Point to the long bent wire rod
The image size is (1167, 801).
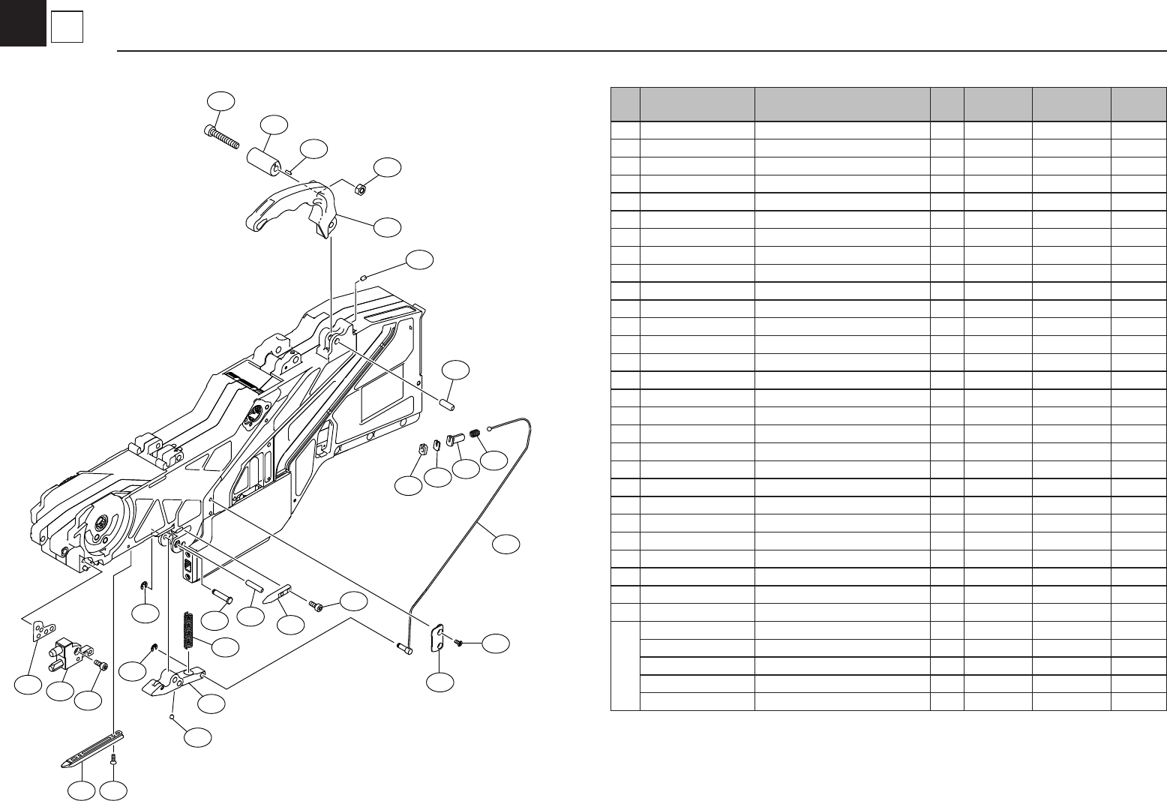click(480, 510)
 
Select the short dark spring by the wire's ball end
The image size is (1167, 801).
click(475, 434)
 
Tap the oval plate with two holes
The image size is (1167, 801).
click(437, 638)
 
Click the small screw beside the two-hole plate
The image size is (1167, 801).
click(459, 642)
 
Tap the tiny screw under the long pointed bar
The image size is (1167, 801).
click(112, 760)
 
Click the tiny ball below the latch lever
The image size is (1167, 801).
click(173, 717)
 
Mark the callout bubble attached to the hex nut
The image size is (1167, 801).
click(388, 169)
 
